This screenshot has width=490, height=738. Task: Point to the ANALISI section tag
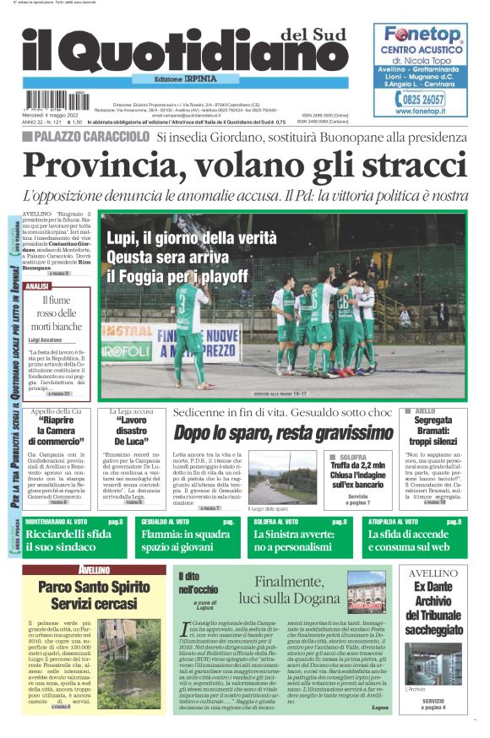pyautogui.click(x=39, y=286)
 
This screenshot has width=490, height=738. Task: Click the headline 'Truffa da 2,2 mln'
pyautogui.click(x=357, y=466)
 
